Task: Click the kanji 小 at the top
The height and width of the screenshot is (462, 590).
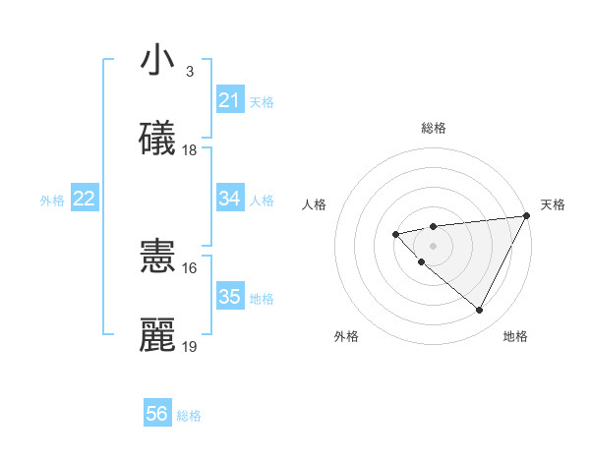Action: [157, 61]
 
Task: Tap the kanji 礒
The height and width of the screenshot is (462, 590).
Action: [157, 139]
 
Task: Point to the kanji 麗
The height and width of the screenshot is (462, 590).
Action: [157, 334]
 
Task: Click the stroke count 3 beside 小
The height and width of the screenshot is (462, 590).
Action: [189, 72]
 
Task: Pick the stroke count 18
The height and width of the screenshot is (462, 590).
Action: [190, 150]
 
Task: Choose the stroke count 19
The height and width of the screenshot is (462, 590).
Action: [190, 346]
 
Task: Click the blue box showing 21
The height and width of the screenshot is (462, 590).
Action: [229, 100]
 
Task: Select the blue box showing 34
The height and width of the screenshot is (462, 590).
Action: [229, 199]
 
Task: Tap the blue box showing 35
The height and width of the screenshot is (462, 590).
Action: [229, 296]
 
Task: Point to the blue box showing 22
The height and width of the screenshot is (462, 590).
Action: [84, 199]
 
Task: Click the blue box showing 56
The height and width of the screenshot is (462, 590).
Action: [157, 414]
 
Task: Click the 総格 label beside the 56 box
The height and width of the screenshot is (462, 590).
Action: [189, 416]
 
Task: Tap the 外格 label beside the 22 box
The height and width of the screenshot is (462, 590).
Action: [52, 201]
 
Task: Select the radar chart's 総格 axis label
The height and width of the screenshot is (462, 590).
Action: [433, 128]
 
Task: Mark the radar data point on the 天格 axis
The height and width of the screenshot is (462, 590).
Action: [527, 215]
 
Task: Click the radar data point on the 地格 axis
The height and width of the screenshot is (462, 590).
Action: [480, 310]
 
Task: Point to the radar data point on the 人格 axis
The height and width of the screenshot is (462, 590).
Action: [395, 234]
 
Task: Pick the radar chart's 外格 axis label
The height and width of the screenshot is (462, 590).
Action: [346, 336]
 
